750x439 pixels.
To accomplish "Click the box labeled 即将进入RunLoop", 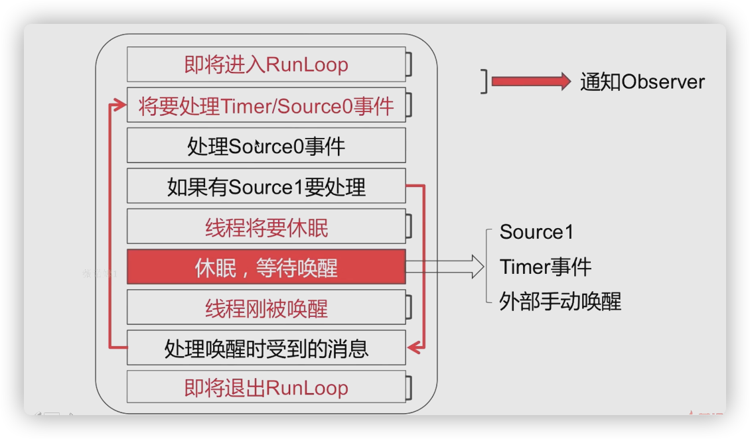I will tap(265, 64).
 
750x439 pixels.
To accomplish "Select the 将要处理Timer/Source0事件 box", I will tap(265, 105).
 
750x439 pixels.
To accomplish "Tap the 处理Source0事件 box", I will tap(265, 145).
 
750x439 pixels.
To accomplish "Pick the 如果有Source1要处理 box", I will tap(265, 186).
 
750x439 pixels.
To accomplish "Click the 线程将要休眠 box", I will tap(265, 227).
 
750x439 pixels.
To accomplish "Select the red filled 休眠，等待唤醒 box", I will tap(265, 267).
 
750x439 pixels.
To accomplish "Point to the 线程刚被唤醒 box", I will tap(265, 308).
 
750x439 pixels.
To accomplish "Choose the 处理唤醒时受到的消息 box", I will tap(265, 347).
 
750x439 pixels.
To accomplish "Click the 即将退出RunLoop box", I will tap(265, 387).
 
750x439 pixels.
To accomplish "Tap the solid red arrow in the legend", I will tap(531, 82).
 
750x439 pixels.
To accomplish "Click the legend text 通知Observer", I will tap(642, 82).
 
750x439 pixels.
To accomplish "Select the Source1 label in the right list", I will tap(536, 232).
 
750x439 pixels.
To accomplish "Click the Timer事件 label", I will tap(545, 267).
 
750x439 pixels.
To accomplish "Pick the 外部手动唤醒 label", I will tap(560, 302).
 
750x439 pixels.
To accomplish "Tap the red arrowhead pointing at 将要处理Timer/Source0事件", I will tap(119, 105).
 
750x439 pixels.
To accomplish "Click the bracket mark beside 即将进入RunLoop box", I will tap(410, 65).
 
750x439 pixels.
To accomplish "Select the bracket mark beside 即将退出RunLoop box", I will tap(410, 387).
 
